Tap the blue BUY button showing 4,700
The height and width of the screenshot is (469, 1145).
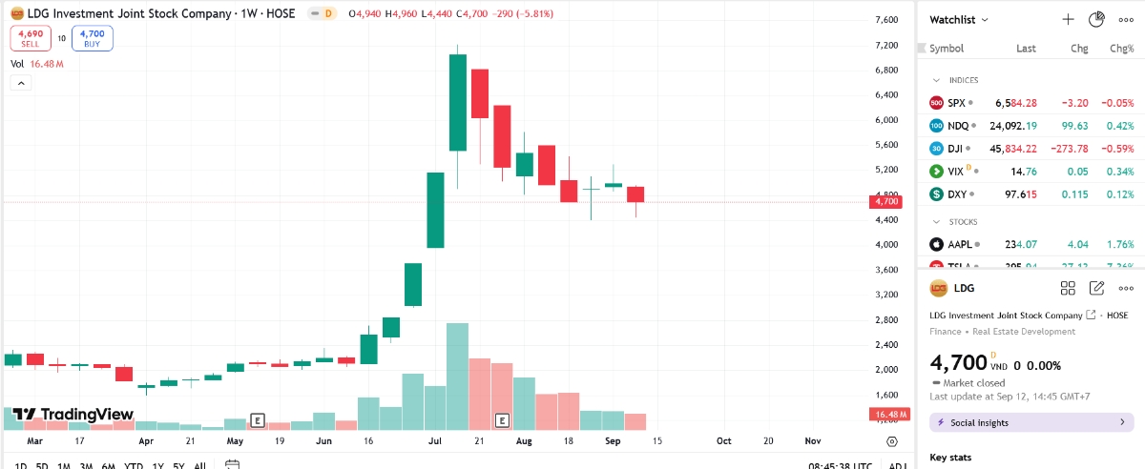(x=93, y=38)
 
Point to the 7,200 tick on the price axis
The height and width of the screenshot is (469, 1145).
(x=886, y=45)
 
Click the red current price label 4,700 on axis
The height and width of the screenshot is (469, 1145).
(x=885, y=201)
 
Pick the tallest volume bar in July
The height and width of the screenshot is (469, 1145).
(x=458, y=377)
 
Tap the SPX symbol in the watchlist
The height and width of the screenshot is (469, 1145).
(x=956, y=102)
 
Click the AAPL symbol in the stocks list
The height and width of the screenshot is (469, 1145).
(x=959, y=244)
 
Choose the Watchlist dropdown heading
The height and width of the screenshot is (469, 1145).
(x=959, y=19)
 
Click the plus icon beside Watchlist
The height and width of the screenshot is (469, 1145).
(x=1069, y=19)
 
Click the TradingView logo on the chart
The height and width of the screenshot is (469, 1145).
(x=73, y=415)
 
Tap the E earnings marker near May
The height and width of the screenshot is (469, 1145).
(x=257, y=419)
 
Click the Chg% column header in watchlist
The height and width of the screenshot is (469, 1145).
(x=1121, y=49)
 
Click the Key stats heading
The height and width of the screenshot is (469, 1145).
(x=950, y=458)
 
